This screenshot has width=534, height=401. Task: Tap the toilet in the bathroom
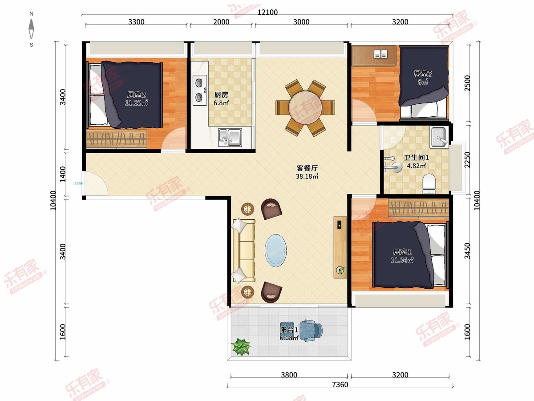429,184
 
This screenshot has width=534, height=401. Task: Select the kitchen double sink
230,137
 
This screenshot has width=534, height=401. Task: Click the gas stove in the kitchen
200,90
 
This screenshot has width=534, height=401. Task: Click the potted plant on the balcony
241,347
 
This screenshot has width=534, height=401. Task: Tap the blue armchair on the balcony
311,331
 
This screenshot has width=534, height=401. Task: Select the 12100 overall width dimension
267,12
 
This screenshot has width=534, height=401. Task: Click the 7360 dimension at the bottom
340,385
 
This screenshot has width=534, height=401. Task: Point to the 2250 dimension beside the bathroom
467,160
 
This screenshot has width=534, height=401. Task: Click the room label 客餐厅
307,168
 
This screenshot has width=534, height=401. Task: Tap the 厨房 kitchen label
221,94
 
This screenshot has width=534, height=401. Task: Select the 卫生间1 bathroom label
416,158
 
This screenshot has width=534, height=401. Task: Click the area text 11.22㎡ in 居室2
136,103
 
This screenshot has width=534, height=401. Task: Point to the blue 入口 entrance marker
78,183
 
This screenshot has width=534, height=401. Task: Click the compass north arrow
31,29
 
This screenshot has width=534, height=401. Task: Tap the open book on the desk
380,54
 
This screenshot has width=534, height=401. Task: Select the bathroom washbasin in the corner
439,137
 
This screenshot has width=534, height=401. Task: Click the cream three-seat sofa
244,251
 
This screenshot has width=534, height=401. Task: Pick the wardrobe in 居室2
117,138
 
